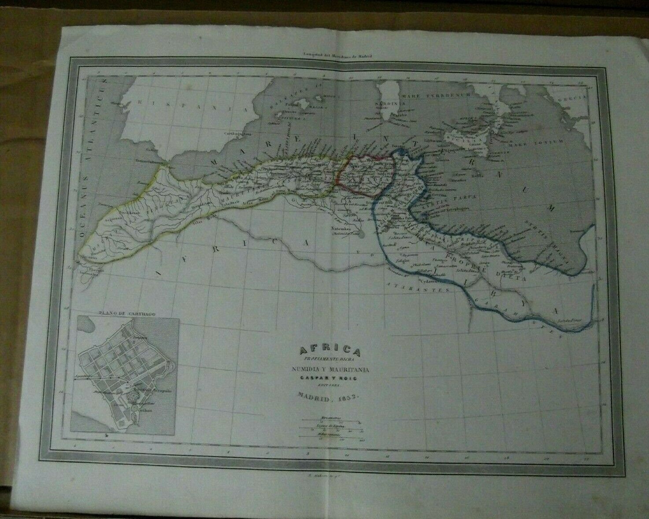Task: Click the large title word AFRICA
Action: pyautogui.click(x=330, y=351)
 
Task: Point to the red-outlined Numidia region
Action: pyautogui.click(x=365, y=174)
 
